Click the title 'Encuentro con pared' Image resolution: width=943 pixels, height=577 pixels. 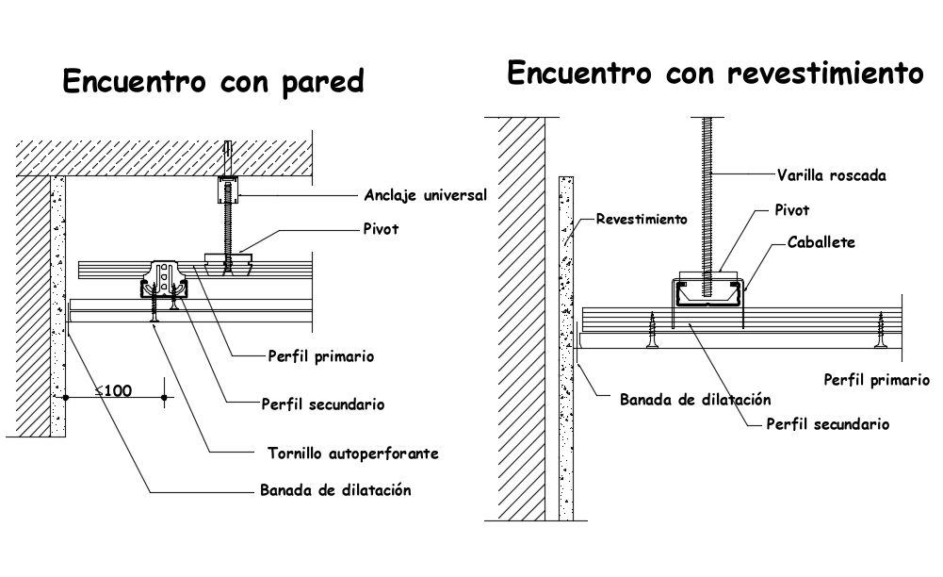point(213,82)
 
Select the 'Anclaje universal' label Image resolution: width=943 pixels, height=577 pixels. point(425,196)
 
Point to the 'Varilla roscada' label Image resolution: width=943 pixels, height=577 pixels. point(831,174)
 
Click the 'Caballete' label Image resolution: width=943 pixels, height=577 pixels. point(821,242)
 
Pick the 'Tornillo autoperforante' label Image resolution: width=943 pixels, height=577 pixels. point(347,453)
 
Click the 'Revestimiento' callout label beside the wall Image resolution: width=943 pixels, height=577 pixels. point(642,218)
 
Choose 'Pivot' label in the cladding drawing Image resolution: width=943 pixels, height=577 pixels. point(790,210)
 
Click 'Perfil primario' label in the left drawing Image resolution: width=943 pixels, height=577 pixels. point(320,356)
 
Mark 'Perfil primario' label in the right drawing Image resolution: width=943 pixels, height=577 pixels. point(876,380)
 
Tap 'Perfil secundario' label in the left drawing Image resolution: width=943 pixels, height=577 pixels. point(322,404)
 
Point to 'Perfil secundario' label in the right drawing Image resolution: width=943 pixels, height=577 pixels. point(828,424)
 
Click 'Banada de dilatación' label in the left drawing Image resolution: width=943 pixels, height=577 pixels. point(335,490)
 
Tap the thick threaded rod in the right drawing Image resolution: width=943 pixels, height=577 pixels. point(707,189)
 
